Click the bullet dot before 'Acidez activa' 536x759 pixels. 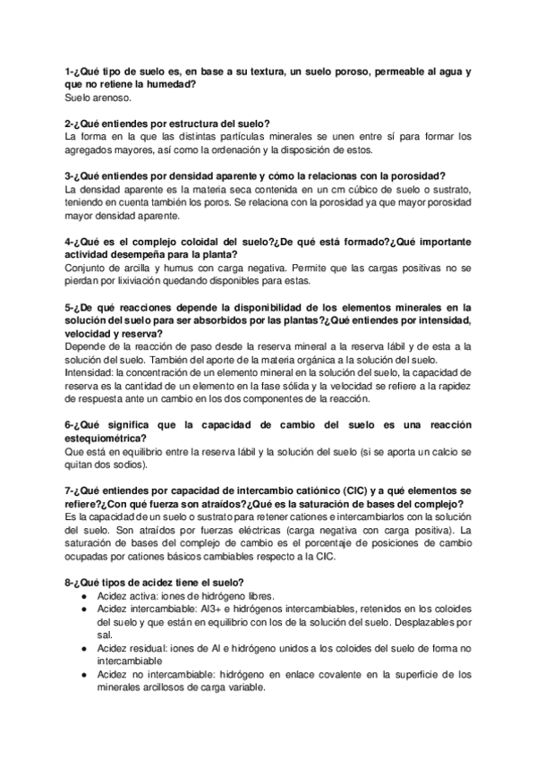tap(84, 595)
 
